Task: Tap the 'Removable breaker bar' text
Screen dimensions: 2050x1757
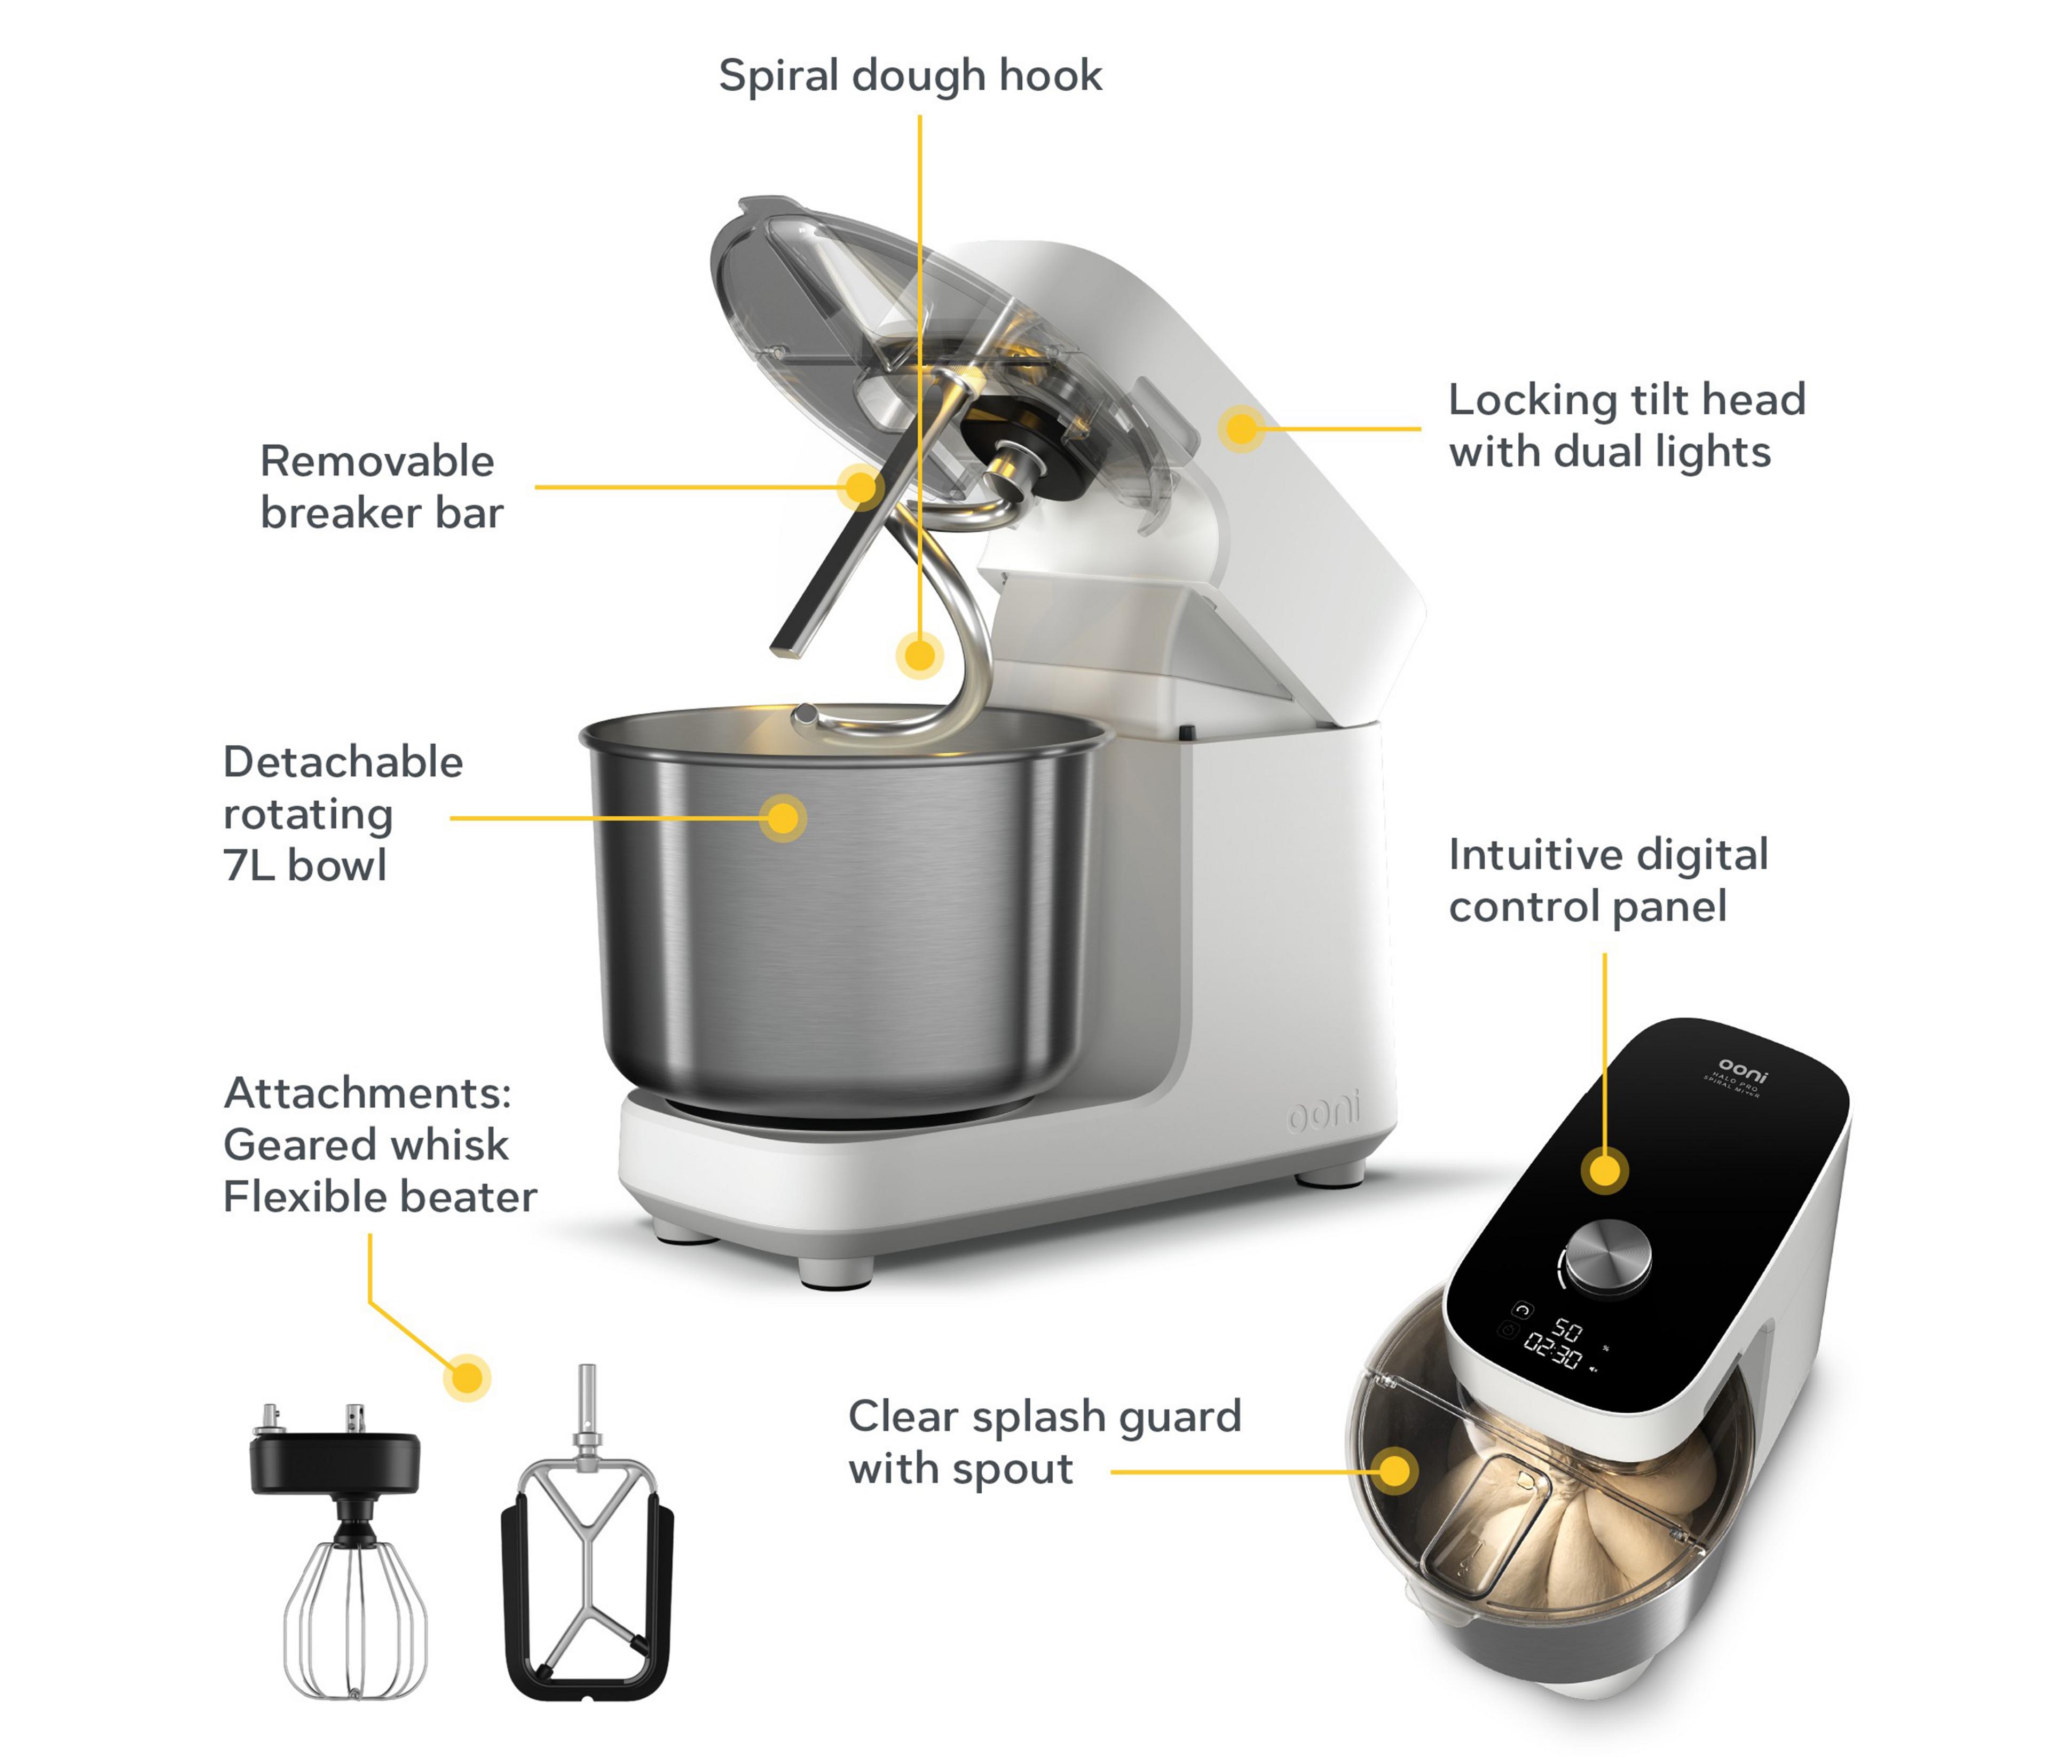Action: coord(382,487)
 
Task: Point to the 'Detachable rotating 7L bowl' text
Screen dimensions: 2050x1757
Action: coord(342,813)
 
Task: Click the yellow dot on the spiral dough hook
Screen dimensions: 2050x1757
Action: coord(920,655)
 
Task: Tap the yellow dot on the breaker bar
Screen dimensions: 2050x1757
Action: coord(861,487)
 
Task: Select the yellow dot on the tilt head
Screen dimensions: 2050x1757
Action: coord(1241,428)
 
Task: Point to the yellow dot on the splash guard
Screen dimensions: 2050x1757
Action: coord(1394,1471)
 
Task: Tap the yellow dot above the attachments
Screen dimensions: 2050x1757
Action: coord(467,1377)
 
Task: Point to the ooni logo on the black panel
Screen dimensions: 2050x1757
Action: coord(1743,1070)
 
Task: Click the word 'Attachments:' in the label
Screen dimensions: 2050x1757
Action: coord(368,1093)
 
